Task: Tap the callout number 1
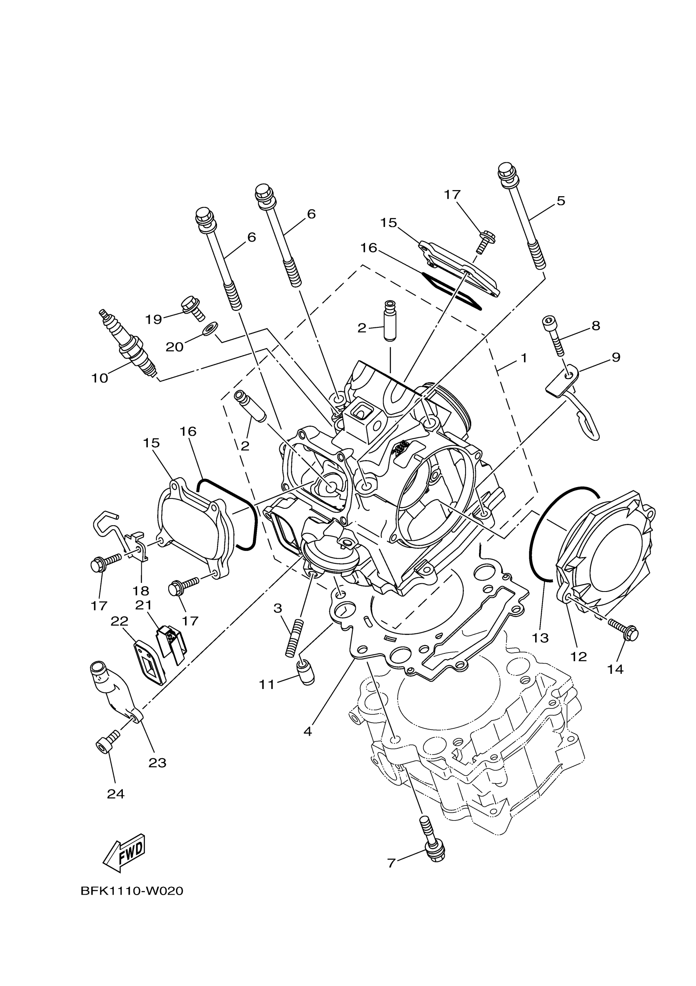[x=524, y=358]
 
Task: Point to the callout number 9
[x=616, y=357]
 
